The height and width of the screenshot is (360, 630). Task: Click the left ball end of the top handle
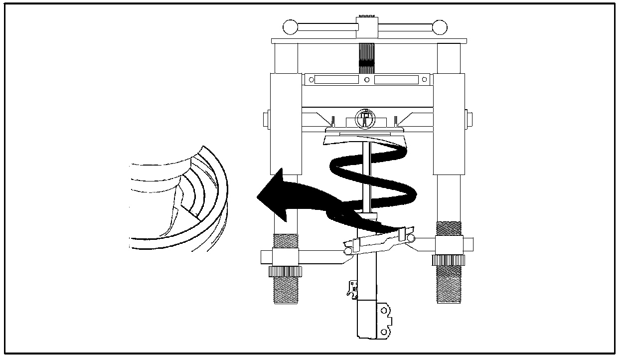290,27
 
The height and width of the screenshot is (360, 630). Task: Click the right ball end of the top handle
440,27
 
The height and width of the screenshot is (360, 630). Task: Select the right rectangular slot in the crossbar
397,80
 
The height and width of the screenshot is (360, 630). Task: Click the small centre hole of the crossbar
367,80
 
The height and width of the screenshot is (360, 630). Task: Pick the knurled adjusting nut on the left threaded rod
285,271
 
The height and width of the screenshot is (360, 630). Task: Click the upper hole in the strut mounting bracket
384,312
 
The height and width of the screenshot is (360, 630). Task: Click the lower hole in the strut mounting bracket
384,331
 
